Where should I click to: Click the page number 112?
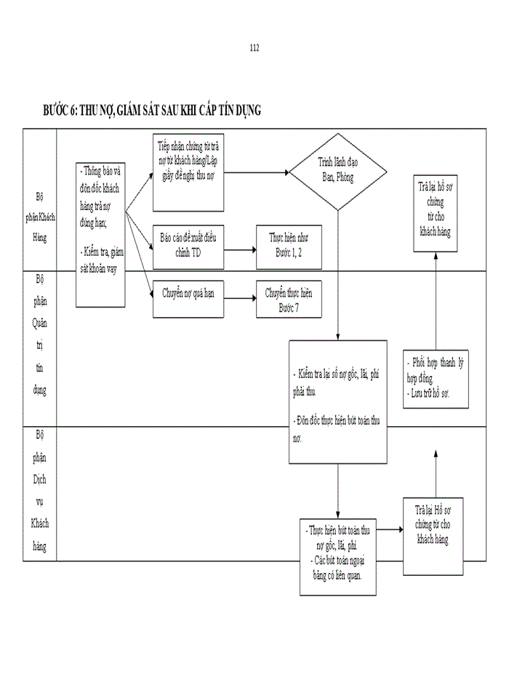(254, 48)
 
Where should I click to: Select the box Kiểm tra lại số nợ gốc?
(338, 401)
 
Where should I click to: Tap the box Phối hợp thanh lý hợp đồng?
(436, 379)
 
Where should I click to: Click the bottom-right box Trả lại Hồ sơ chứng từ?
(434, 537)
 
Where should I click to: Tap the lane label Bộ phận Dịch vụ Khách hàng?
(39, 491)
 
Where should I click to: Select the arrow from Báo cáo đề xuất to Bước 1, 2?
(239, 248)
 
